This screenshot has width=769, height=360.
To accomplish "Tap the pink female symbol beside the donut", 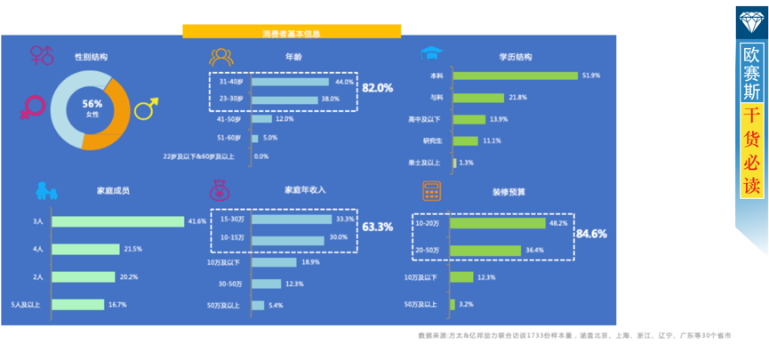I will pos(32,108).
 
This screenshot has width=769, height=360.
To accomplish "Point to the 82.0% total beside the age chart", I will pos(377,88).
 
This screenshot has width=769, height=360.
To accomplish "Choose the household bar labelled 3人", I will pos(117,221).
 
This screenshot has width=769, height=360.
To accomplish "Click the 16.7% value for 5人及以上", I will pos(116,305).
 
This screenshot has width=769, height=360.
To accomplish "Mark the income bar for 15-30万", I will pos(291,219).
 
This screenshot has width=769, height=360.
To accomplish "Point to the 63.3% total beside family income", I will pos(377,228).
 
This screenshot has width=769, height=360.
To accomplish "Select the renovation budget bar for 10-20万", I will pos(497,224).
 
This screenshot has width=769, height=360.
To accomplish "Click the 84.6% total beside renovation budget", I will pos(591,234).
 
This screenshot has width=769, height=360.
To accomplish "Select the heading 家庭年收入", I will pos(305,190).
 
